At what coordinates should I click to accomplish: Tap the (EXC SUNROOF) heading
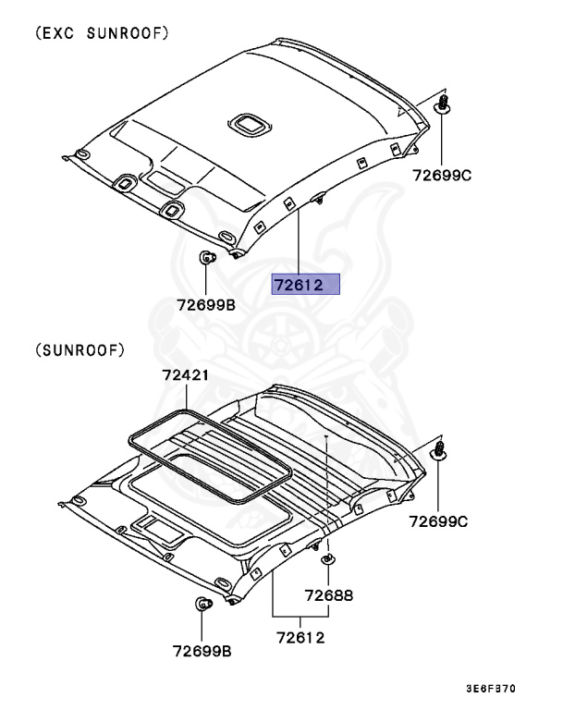click(103, 33)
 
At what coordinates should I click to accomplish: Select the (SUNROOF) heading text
click(80, 350)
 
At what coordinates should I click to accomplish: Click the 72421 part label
click(185, 375)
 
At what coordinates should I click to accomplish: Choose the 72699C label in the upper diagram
click(441, 174)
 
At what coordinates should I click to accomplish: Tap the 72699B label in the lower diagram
click(201, 650)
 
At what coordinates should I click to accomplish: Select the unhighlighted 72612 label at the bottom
click(300, 637)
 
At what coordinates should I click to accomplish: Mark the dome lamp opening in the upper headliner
click(248, 123)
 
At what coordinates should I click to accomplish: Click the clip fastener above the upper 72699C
click(443, 104)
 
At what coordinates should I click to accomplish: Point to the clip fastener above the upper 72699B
click(207, 258)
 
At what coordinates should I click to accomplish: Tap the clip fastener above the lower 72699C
click(441, 451)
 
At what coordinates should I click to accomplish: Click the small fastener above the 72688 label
click(327, 559)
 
